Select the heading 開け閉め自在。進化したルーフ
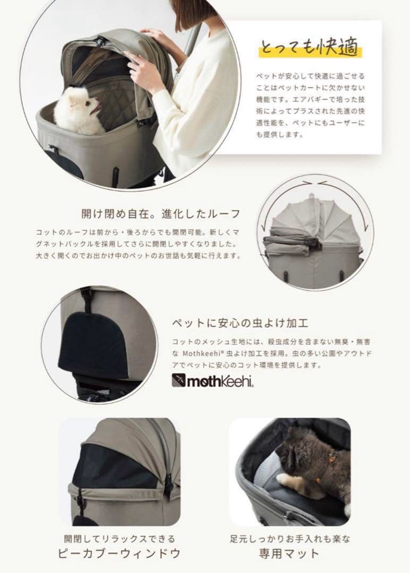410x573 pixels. [160, 214]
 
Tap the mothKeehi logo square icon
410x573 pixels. [178, 380]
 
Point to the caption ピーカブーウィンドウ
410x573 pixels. [119, 553]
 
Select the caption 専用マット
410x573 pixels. [290, 553]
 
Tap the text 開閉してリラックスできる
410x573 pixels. [119, 537]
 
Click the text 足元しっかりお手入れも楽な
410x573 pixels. [290, 537]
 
